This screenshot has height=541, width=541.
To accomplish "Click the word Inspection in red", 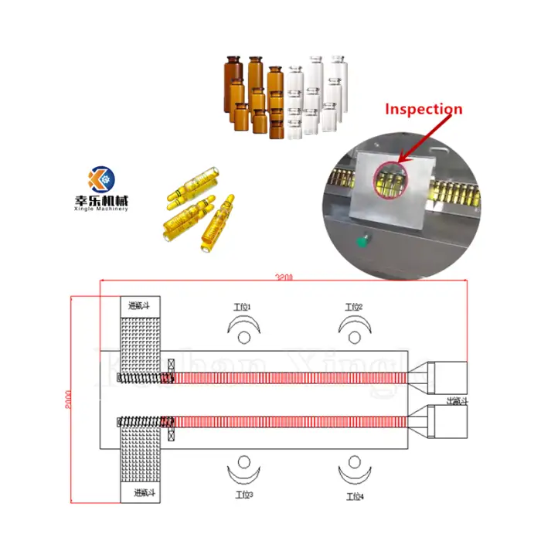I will pos(424,109).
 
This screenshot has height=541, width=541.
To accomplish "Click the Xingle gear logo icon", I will pos(101,179).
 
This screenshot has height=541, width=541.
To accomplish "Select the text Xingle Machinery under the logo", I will pos(101,208).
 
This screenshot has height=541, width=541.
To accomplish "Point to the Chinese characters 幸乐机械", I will pos(101,199).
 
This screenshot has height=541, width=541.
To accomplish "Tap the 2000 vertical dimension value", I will pos(67,399).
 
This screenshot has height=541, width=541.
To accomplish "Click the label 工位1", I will pos(243,307).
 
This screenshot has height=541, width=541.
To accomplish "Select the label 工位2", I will pos(354,307).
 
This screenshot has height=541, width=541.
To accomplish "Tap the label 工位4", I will pos(355,495).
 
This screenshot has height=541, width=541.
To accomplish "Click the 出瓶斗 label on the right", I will pos(457,400).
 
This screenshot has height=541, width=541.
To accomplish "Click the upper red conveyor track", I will pos(290,377).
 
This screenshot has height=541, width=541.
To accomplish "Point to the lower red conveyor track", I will pos(290,422).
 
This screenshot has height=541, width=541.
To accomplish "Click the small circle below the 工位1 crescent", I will pos(244,336).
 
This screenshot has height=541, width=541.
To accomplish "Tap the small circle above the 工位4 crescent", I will pos(355,464).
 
